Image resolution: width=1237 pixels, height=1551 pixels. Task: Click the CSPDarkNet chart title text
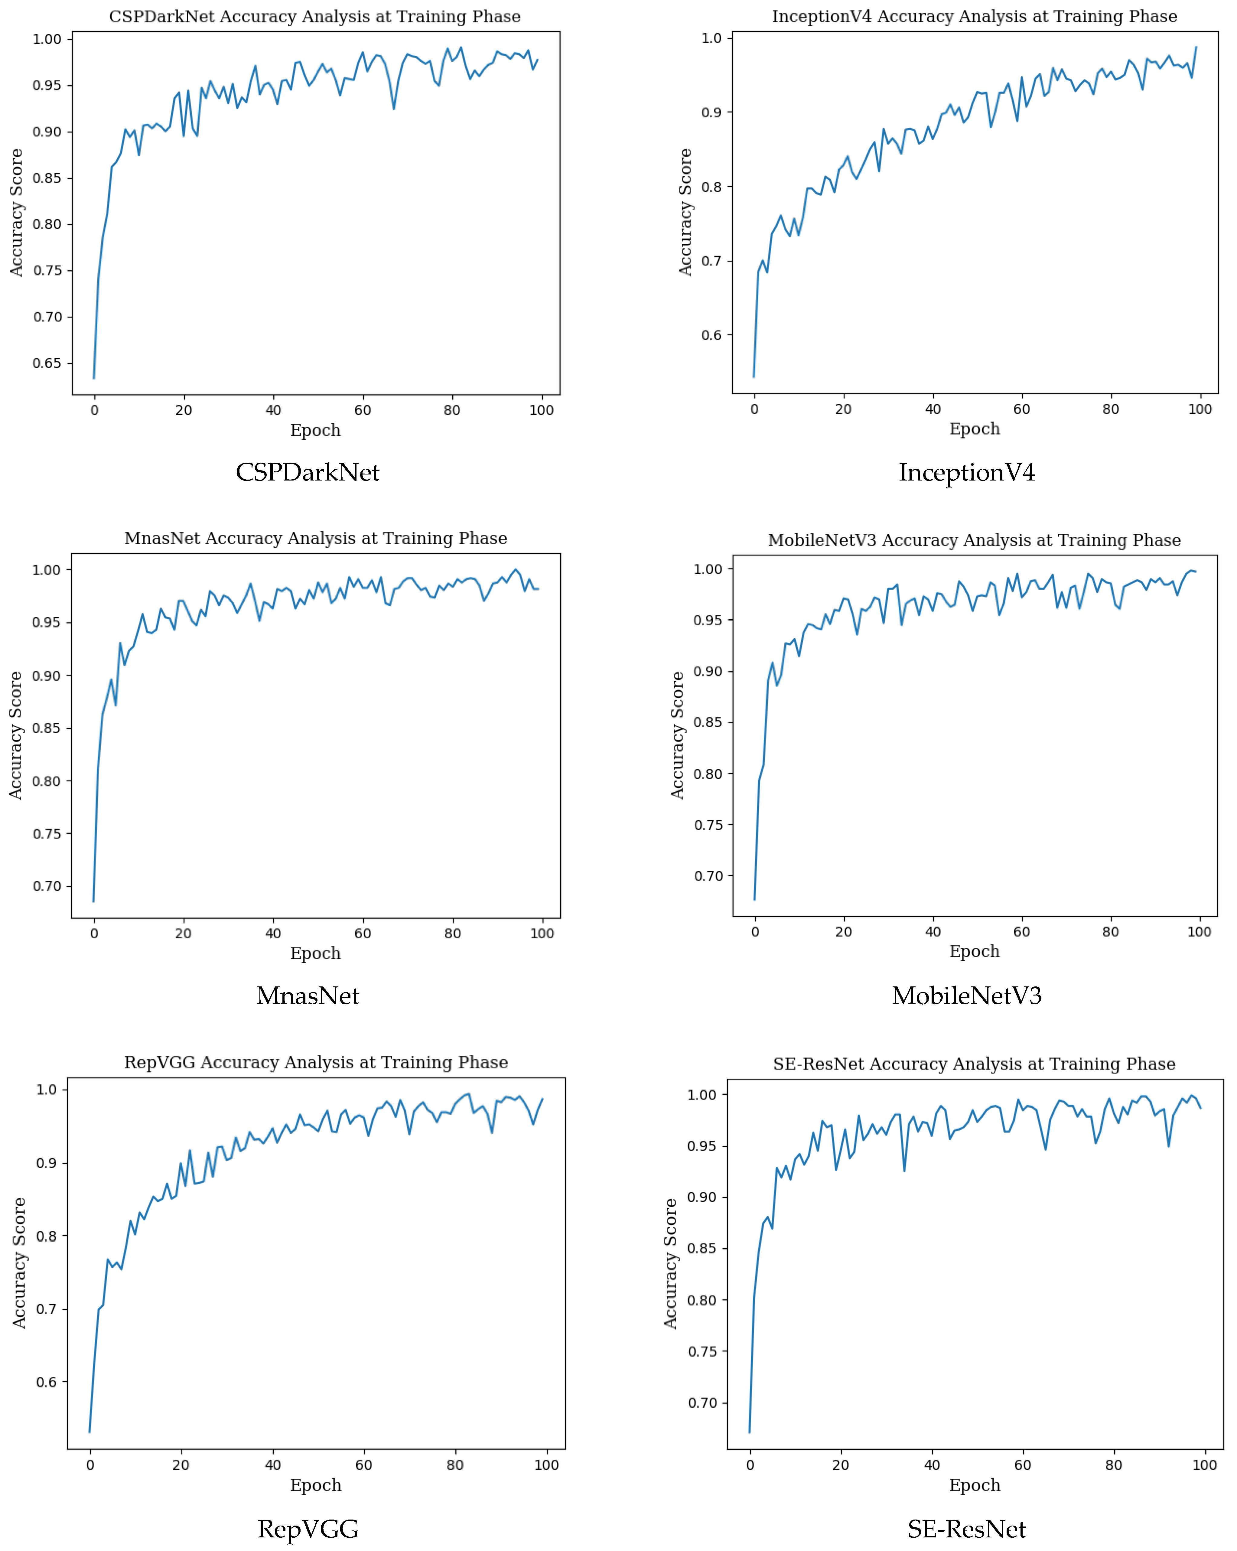(x=315, y=17)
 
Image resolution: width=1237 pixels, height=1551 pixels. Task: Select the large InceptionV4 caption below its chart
(x=967, y=473)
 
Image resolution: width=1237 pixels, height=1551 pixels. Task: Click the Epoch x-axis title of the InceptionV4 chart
(x=975, y=429)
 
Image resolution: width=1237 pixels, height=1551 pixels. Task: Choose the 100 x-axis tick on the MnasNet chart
(x=542, y=934)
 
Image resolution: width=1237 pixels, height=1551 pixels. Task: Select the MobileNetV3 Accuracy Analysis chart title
(x=974, y=540)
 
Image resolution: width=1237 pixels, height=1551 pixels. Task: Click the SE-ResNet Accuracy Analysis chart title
(x=974, y=1064)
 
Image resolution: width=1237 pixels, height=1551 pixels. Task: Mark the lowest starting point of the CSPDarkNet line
(x=94, y=378)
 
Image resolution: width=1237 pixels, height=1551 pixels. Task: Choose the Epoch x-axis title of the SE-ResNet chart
(x=975, y=1485)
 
